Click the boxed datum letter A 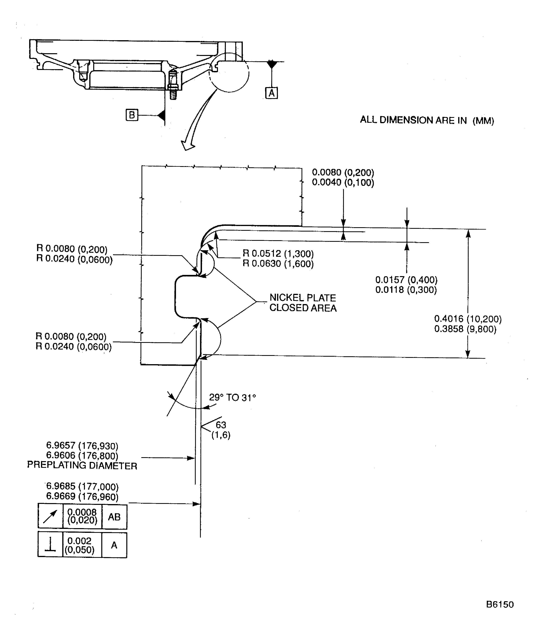click(x=271, y=93)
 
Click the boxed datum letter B click(x=132, y=115)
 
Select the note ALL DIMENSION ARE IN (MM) click(x=427, y=120)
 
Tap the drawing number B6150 click(x=500, y=604)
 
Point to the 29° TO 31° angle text click(x=232, y=397)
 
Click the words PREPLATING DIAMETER click(x=82, y=466)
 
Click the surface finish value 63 click(x=221, y=425)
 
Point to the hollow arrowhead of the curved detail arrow click(x=187, y=145)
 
